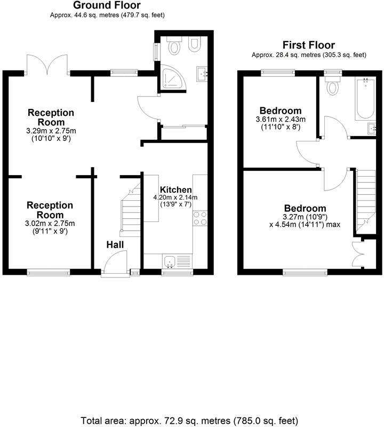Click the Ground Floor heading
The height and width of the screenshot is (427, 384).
(107, 5)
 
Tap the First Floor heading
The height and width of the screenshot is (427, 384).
(309, 45)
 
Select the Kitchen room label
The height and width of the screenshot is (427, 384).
(176, 189)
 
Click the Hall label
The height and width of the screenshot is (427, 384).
(115, 244)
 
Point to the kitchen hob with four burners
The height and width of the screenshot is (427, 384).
(200, 218)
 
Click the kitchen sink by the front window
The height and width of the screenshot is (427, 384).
(170, 261)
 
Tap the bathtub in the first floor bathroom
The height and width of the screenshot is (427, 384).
(365, 99)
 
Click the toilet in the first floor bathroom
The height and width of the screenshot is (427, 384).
(332, 85)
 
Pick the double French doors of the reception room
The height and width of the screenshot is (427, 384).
(47, 64)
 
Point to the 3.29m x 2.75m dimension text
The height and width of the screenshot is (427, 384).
(51, 131)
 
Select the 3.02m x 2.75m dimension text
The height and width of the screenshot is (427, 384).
(50, 224)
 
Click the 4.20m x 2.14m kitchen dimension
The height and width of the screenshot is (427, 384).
(175, 197)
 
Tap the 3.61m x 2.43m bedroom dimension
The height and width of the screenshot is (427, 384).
(281, 119)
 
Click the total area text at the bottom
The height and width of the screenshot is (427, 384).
(189, 421)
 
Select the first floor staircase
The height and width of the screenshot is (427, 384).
(365, 202)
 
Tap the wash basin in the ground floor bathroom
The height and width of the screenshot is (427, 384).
(202, 74)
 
